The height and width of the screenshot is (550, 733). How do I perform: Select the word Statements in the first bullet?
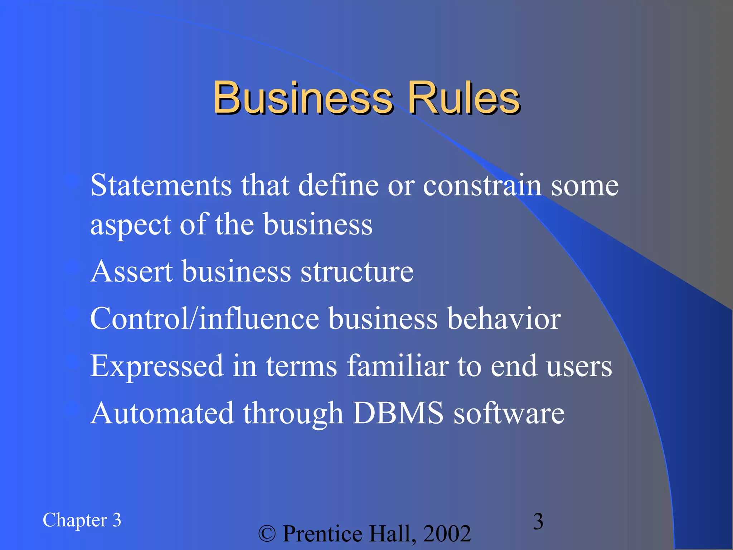tap(161, 185)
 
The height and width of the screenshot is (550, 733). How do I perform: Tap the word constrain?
tap(482, 185)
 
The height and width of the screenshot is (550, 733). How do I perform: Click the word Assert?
tap(132, 271)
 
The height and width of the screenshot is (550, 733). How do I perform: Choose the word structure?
tap(357, 271)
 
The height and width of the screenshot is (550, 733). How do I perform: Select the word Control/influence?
tap(204, 318)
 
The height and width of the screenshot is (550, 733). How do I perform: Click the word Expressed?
tap(157, 366)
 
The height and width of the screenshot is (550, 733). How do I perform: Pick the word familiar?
tap(397, 366)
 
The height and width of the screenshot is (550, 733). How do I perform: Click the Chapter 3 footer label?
tap(82, 520)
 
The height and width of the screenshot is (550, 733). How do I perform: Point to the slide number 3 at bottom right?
tap(538, 521)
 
